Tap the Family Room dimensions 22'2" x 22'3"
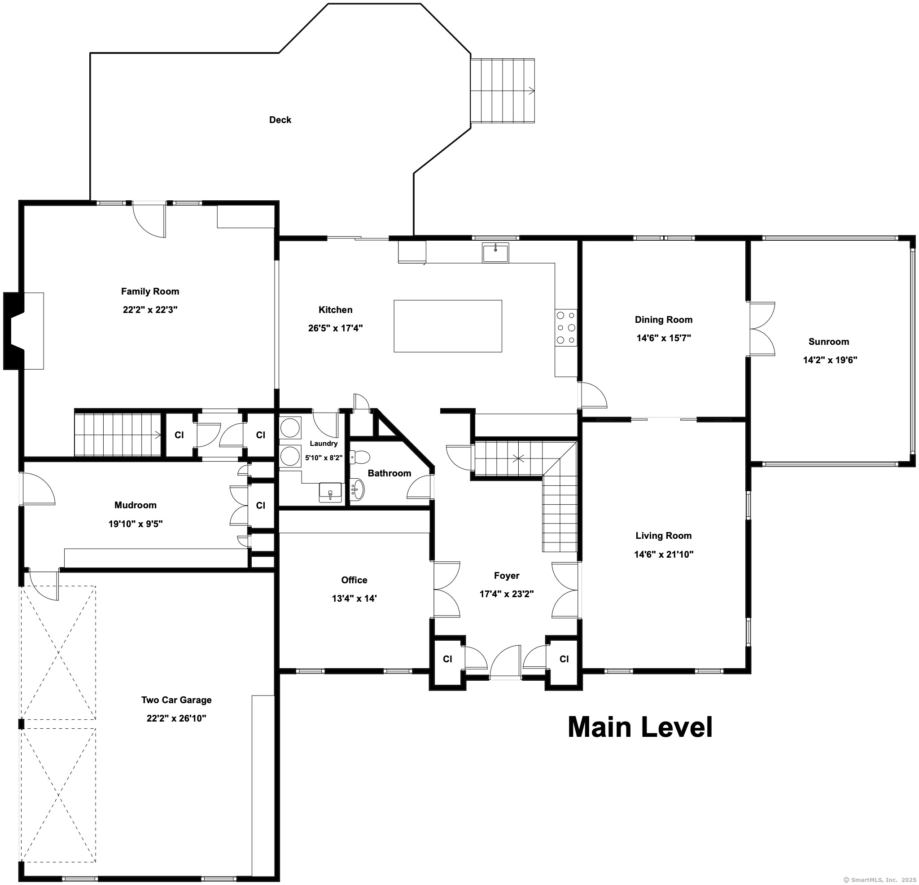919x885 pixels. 150,310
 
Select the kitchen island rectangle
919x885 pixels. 448,326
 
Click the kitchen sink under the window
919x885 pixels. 495,253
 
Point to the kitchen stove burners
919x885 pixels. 566,327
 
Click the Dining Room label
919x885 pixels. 664,320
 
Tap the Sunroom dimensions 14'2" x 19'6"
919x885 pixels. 830,360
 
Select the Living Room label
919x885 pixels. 664,535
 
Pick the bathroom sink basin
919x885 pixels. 357,489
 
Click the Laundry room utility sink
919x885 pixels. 331,493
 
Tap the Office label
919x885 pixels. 354,580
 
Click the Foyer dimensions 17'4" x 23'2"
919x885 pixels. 506,594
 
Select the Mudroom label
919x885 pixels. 136,505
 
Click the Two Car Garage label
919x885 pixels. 176,700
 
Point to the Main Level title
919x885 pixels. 640,727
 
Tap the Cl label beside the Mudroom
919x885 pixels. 261,506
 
